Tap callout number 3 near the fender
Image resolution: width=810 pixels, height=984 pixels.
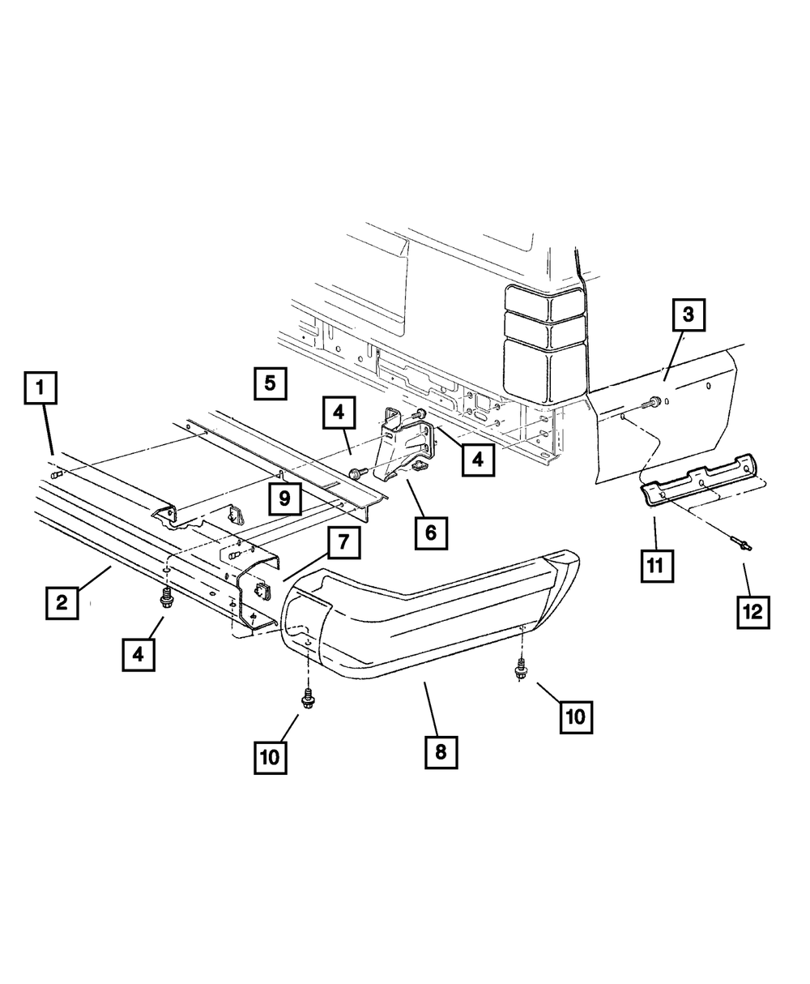point(688,315)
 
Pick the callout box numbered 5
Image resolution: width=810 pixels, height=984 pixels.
point(270,382)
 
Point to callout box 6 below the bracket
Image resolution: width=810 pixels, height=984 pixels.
point(430,533)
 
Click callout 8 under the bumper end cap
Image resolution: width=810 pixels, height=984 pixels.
point(441,751)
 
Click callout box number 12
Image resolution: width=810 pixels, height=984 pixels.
point(752,612)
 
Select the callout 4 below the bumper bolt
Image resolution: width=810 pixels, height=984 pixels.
point(139,653)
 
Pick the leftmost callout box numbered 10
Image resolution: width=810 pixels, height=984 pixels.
point(270,757)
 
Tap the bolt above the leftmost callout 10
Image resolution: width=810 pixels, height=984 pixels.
point(308,698)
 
